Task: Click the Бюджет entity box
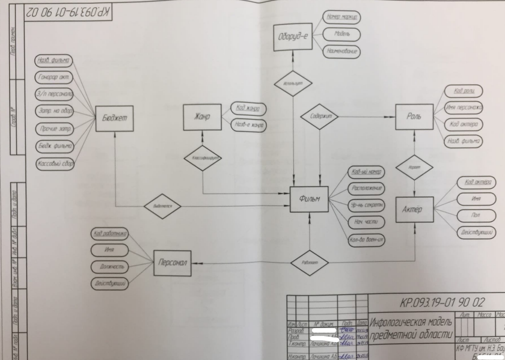tap(114, 118)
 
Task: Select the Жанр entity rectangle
tap(201, 117)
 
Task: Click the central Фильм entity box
tap(309, 199)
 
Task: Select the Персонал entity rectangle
tap(174, 262)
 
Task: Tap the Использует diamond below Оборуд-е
tap(293, 84)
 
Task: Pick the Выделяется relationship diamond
tap(163, 204)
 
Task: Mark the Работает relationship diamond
tap(308, 263)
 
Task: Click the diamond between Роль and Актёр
tap(414, 166)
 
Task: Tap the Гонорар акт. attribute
tap(54, 77)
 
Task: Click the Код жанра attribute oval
tap(249, 109)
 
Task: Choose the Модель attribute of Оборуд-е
tap(341, 34)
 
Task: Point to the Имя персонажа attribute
tap(464, 108)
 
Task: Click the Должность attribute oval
tap(109, 266)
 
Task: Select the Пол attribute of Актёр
tap(476, 215)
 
